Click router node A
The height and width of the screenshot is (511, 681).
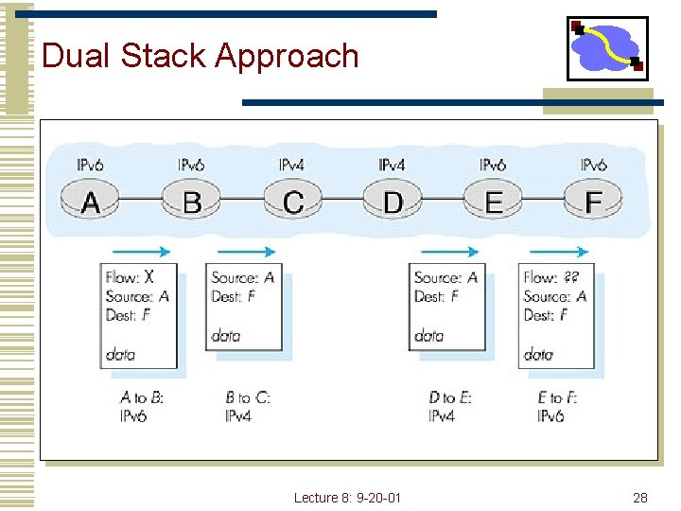pos(91,202)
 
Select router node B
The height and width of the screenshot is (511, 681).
pos(191,202)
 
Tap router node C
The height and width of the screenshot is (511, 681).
pos(292,202)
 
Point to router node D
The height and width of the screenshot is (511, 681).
pos(393,202)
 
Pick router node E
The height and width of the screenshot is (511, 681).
pos(493,202)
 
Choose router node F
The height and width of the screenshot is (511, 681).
pos(594,202)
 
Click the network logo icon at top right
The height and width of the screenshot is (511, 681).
pos(607,48)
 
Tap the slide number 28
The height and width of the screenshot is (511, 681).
pos(640,498)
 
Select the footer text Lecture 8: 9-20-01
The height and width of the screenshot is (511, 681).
pos(347,498)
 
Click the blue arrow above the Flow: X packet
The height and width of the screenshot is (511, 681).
pos(141,252)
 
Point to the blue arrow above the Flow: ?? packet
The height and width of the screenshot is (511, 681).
pos(559,252)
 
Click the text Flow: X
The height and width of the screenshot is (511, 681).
pos(130,277)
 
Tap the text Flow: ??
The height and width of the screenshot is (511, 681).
pos(552,277)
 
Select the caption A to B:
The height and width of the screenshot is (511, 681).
pos(142,398)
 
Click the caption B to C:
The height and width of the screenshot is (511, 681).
pos(248,398)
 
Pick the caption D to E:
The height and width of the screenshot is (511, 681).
pos(450,398)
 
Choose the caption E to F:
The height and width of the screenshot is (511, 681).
pos(558,398)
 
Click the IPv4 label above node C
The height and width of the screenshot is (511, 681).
pos(291,166)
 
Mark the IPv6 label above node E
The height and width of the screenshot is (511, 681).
pos(493,166)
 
